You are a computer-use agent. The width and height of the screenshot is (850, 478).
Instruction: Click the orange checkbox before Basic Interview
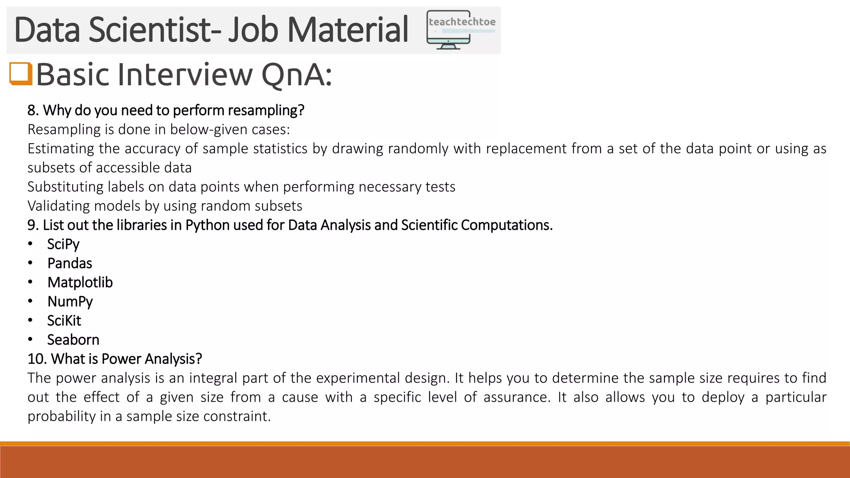(21, 73)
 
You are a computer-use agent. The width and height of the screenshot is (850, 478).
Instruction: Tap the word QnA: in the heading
(297, 75)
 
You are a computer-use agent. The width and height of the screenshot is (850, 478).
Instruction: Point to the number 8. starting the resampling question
(33, 110)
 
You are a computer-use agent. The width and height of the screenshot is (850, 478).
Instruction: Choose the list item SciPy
(63, 244)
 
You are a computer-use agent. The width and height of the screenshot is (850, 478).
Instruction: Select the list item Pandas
(70, 263)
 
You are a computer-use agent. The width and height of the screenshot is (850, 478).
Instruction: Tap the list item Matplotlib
(80, 282)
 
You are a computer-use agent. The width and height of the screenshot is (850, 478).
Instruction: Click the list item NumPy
(70, 301)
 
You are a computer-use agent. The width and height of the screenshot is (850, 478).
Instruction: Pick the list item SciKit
(64, 320)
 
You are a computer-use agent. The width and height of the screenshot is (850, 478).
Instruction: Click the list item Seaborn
(73, 339)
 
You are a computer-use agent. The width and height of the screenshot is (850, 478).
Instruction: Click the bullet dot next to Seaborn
(30, 339)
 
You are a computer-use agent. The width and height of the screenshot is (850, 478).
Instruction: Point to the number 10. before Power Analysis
(37, 358)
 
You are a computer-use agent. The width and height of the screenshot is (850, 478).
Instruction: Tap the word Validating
(59, 206)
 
